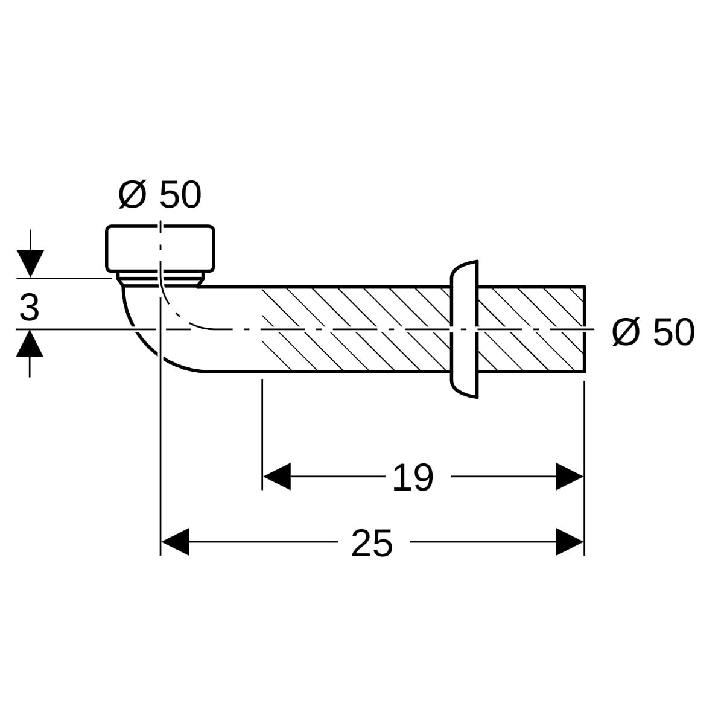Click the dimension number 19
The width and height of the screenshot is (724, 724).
coord(413,477)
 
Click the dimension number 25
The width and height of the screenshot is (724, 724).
coord(372,543)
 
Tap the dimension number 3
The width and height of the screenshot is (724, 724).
coord(30,308)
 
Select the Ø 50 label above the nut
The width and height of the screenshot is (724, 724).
coord(160,194)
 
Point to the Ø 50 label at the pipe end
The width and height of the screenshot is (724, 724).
coord(653,332)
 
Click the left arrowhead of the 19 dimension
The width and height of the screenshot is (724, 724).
coord(277,477)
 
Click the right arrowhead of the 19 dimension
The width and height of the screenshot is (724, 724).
coord(570,477)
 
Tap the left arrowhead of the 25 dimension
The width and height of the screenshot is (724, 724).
coord(175,542)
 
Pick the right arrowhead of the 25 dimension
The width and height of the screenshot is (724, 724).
coord(570,542)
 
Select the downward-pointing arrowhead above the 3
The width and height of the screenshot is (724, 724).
coord(30,264)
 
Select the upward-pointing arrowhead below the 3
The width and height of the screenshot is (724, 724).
coord(30,343)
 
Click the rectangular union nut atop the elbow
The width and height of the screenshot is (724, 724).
coord(160,249)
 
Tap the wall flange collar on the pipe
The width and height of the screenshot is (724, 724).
coord(465,329)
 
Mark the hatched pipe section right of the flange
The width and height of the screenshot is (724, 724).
coord(532,329)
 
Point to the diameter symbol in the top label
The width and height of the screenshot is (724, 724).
coord(132,195)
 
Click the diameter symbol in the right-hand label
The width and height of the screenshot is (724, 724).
coord(626,332)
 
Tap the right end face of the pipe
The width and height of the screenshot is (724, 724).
coord(585,329)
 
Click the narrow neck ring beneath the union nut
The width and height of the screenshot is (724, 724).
coord(160,279)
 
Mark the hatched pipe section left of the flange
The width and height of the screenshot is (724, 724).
coord(356,329)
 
